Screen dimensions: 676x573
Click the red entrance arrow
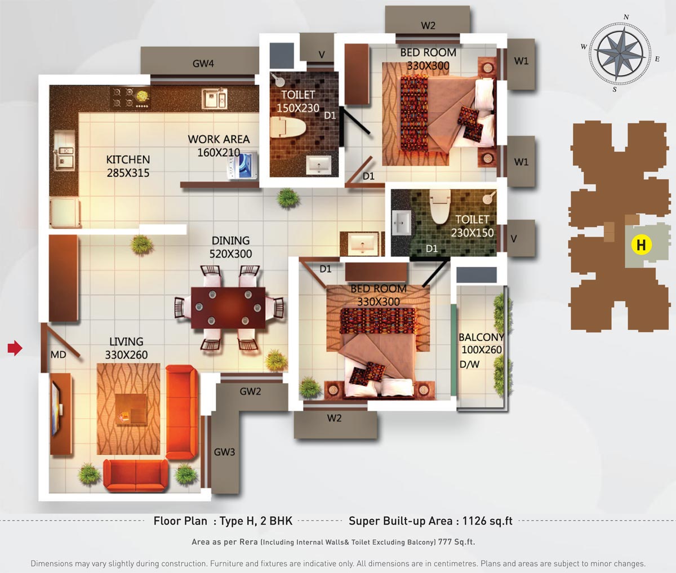15,348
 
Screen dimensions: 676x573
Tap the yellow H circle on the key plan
641,245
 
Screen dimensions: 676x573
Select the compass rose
620,54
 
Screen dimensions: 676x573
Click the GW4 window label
203,63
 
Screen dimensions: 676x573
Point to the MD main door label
58,354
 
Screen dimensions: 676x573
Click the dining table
228,308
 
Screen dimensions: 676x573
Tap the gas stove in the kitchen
130,98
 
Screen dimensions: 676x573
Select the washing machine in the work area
243,164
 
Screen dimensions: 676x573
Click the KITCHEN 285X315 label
128,166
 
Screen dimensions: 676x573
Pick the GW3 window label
224,452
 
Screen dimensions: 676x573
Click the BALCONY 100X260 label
481,344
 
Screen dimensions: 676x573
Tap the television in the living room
56,410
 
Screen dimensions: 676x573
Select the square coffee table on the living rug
131,410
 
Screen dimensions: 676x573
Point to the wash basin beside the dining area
362,243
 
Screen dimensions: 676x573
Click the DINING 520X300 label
230,247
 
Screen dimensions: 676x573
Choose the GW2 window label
250,391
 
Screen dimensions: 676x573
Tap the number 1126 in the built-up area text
474,521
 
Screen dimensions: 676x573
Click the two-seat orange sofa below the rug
136,475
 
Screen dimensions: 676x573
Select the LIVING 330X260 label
126,348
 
